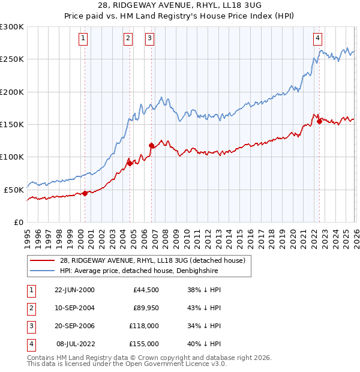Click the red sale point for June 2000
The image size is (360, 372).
85,193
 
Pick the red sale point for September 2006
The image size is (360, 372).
151,145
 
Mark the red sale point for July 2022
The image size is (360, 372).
319,121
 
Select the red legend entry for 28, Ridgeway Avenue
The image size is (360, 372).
152,261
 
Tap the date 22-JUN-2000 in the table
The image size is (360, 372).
74,290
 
